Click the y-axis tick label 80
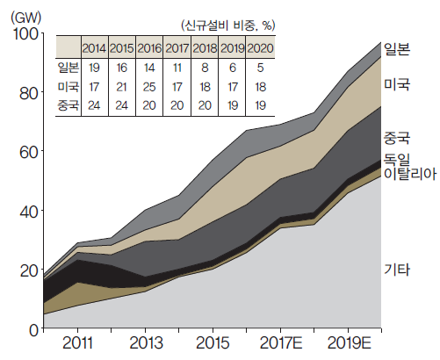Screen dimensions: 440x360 pos(29,94)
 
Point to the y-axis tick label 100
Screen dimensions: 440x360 pos(25,34)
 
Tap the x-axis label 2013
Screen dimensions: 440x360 pos(146,342)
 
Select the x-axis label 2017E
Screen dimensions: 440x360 pos(281,342)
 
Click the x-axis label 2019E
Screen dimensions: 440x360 pos(349,342)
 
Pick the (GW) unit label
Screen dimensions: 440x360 pos(26,18)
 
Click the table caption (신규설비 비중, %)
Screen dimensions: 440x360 pos(228,25)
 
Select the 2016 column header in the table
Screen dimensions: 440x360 pos(149,48)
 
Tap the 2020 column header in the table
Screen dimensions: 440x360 pos(260,48)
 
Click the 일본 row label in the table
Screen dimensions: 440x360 pos(69,68)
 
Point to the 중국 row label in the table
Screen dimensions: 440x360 pos(69,105)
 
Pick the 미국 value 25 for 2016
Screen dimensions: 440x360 pos(149,87)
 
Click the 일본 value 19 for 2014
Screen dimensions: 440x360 pos(94,68)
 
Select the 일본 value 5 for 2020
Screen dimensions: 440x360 pos(260,68)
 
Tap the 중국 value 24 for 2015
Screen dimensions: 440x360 pos(121,105)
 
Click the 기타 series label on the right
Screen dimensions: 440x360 pos(397,270)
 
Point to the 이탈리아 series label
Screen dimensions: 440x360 pos(410,174)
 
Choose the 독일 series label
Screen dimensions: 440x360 pos(397,160)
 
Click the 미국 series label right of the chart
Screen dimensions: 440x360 pos(397,84)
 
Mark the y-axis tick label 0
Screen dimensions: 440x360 pos(34,330)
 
